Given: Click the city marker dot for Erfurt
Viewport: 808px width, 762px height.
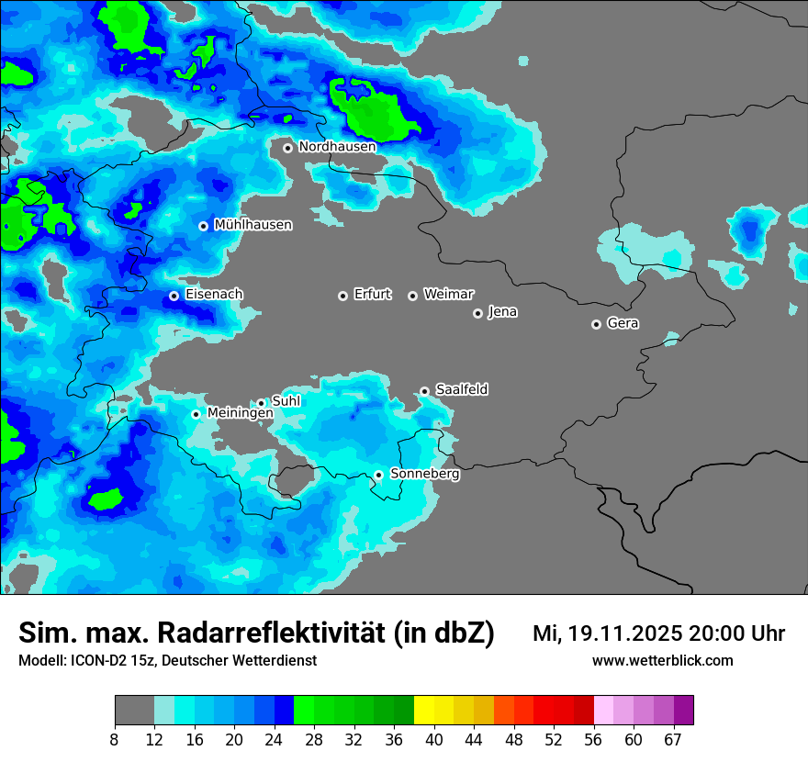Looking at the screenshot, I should pos(342,296).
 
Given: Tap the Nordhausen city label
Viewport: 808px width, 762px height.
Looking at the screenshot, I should pos(337,147).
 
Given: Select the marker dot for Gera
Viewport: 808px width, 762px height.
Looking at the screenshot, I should pos(596,324).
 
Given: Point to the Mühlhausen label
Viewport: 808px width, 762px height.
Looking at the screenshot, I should pos(252,225).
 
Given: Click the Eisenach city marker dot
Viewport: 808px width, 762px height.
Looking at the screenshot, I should pos(174,296).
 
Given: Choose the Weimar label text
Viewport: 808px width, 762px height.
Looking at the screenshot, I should pos(448,295).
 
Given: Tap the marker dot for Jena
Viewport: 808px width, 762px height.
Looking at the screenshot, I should pos(477,313).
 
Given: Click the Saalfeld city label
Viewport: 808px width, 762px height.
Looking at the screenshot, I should pos(461,390).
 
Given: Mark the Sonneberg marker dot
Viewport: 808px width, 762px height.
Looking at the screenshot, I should pos(378,475).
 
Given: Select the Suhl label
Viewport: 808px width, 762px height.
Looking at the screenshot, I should pos(286,401).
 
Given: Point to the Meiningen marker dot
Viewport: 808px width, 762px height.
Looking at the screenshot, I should pos(196,414).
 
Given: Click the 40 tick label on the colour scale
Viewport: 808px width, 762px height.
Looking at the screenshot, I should pos(434,740).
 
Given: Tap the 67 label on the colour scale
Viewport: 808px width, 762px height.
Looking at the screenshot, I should pos(673,740).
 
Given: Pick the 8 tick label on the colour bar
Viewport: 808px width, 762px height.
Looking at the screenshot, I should pos(115,740).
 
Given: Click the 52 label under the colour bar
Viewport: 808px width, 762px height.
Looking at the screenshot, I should pos(554,740).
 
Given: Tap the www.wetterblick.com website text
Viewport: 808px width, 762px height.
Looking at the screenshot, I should pos(662,661).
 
